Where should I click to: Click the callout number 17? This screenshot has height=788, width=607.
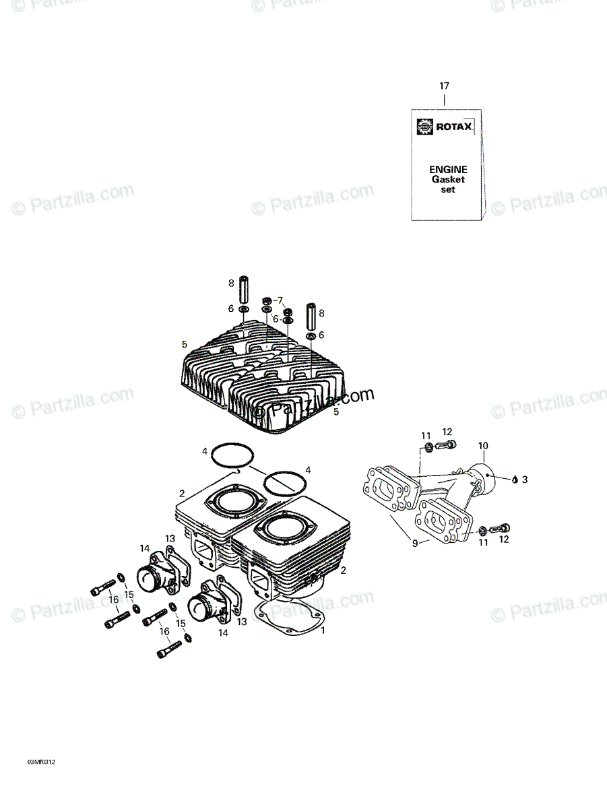click(x=444, y=86)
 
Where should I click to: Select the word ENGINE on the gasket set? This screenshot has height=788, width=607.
click(x=448, y=170)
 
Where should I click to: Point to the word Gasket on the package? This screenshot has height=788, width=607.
click(x=448, y=180)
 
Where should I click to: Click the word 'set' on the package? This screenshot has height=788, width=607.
click(x=448, y=190)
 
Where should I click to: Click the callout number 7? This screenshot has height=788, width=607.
click(x=280, y=300)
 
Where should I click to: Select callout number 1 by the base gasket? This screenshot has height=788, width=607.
click(x=323, y=630)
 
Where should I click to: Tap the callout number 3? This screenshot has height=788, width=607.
click(x=525, y=480)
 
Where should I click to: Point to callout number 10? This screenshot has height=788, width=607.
click(x=483, y=446)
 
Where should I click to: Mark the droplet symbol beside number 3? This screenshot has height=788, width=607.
click(x=515, y=480)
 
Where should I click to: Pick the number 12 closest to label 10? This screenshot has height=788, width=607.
click(x=447, y=432)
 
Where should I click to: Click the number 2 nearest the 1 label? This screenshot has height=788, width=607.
click(x=344, y=570)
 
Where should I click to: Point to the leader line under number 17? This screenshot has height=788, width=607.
click(x=444, y=100)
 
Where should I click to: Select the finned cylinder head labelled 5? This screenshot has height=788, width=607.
click(x=263, y=384)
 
